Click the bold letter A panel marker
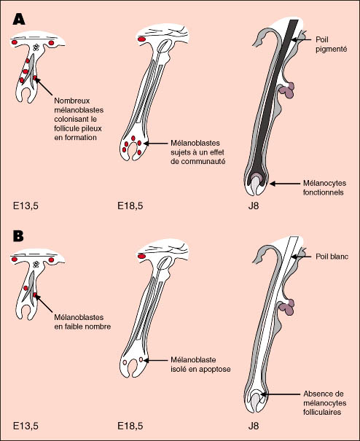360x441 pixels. [x=19, y=20]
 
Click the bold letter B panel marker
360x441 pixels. [x=18, y=236]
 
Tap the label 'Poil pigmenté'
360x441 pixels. [x=331, y=44]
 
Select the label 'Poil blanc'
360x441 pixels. [x=332, y=257]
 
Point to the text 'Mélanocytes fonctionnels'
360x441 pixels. [x=324, y=188]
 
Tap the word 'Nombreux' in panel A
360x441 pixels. [x=72, y=101]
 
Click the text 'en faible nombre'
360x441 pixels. [x=82, y=327]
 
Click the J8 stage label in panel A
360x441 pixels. [x=253, y=206]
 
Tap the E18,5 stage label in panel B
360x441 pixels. [x=130, y=426]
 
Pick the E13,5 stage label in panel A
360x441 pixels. [x=26, y=206]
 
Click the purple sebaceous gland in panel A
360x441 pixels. [x=286, y=90]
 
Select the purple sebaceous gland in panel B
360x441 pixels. [x=286, y=307]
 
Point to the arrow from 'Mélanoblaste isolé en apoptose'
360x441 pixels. [x=155, y=360]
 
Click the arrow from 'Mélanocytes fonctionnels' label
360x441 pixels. [x=285, y=184]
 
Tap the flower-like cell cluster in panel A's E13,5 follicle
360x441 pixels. [x=36, y=47]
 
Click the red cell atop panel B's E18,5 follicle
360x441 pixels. [x=141, y=256]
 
